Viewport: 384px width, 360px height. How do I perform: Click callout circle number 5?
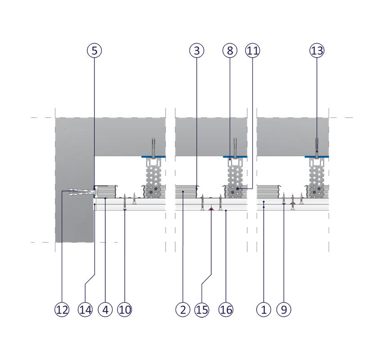click(94, 50)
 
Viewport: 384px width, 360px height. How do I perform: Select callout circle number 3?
click(196, 50)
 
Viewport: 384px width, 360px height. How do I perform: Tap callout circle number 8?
click(230, 50)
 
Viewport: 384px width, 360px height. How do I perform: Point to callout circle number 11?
click(253, 50)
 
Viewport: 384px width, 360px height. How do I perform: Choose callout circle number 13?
click(316, 50)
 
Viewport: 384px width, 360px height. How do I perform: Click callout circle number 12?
click(62, 310)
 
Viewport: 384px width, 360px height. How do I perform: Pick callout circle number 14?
click(85, 310)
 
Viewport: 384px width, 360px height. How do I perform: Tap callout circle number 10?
click(125, 310)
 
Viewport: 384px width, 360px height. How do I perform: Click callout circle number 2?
click(182, 310)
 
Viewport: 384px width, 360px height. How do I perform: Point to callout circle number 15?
click(202, 310)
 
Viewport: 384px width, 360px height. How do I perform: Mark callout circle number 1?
click(264, 310)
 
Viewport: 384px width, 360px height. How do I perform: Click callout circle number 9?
click(284, 310)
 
